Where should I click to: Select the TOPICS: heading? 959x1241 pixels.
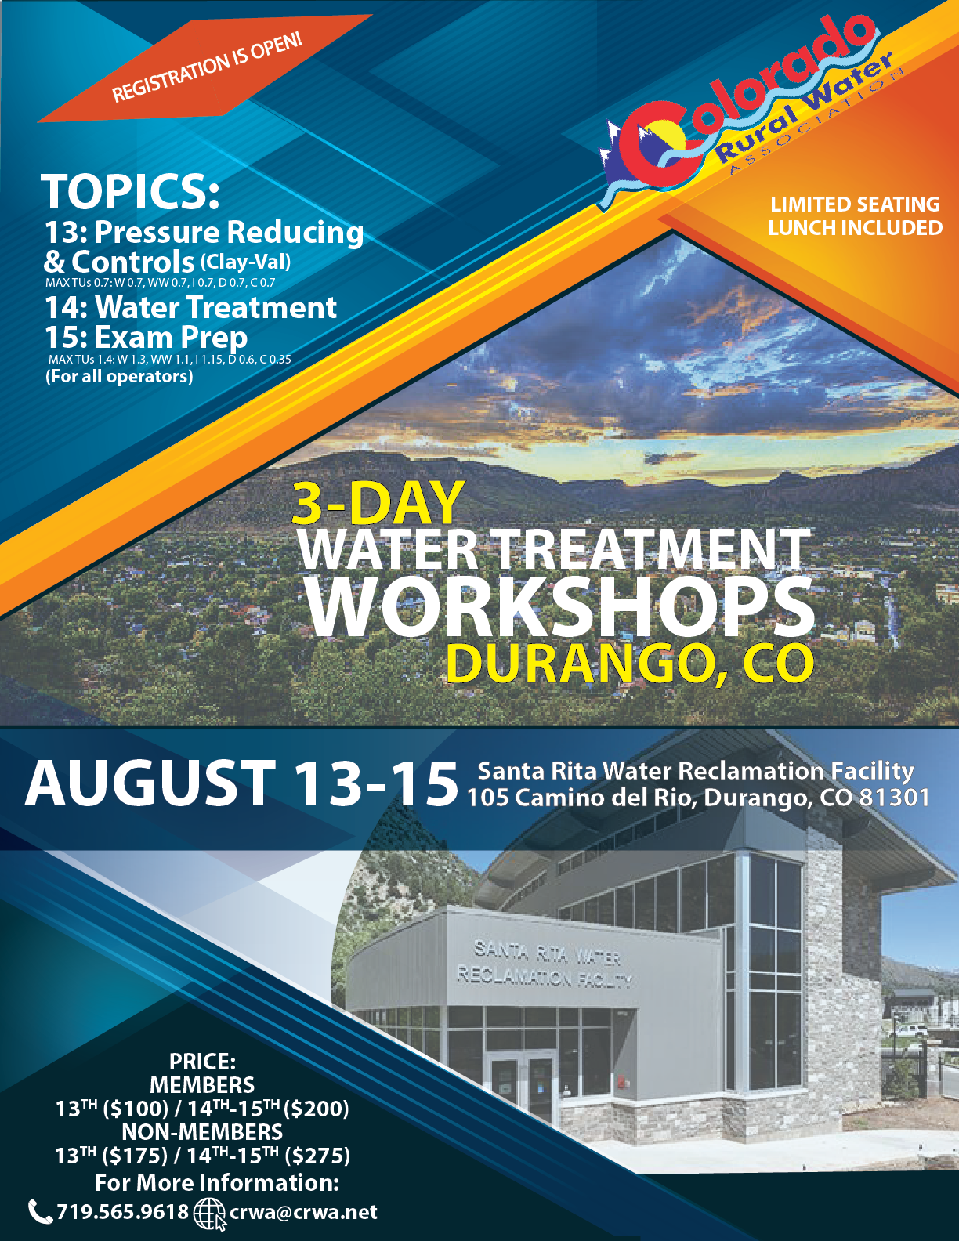130,191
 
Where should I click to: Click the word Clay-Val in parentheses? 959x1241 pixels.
245,262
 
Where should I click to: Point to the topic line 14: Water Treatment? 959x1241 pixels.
190,307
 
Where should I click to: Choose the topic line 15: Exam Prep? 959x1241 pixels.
146,338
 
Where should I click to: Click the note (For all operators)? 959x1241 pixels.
119,377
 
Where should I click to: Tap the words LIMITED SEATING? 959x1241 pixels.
855,204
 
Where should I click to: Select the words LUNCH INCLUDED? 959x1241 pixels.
855,228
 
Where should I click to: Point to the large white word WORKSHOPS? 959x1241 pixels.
559,608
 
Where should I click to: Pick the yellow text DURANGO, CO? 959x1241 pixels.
630,664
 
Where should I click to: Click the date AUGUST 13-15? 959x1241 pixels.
241,783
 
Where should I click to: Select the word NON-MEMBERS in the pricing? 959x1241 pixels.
202,1132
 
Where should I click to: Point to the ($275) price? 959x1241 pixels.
317,1156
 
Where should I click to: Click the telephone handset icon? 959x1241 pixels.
40,1212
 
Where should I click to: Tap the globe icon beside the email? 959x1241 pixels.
209,1214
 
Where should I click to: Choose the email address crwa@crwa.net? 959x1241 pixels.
303,1213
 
